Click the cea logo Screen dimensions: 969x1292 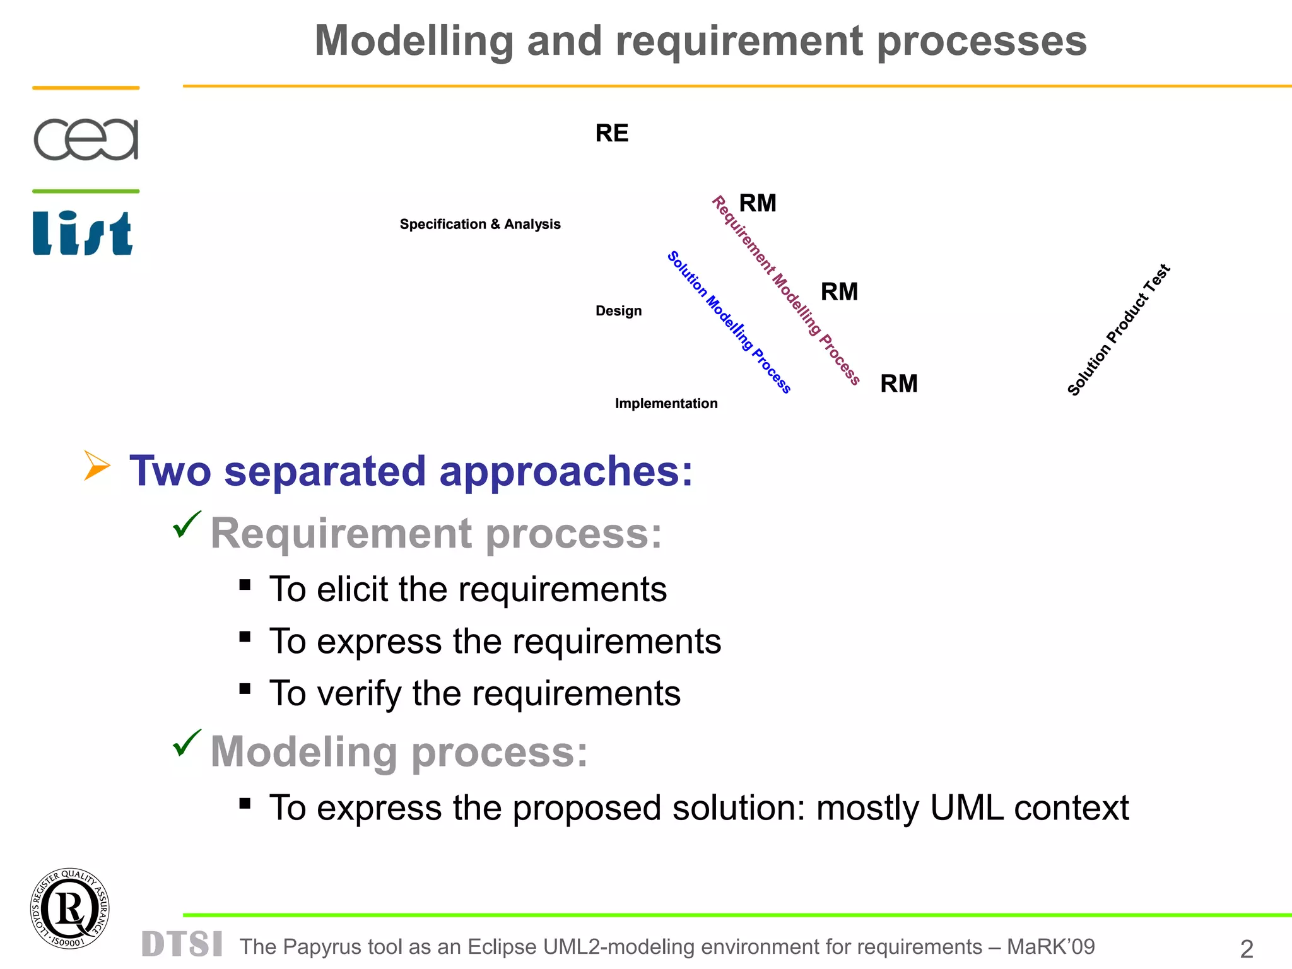pyautogui.click(x=86, y=139)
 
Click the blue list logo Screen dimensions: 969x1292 pyautogui.click(x=83, y=233)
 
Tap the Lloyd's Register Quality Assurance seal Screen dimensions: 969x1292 pyautogui.click(x=69, y=908)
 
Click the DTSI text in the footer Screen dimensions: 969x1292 pyautogui.click(x=182, y=944)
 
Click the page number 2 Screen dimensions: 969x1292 pyautogui.click(x=1247, y=949)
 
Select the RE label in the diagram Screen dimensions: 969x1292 pyautogui.click(x=612, y=133)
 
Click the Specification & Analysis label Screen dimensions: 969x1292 pyautogui.click(x=480, y=225)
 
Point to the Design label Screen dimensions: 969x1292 pyautogui.click(x=618, y=311)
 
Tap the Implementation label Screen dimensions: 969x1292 pyautogui.click(x=666, y=404)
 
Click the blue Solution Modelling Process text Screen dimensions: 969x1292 pyautogui.click(x=729, y=322)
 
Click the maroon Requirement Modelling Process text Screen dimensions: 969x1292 pyautogui.click(x=786, y=290)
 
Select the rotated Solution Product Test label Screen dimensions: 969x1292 pyautogui.click(x=1119, y=330)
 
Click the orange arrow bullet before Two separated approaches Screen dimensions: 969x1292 pyautogui.click(x=97, y=466)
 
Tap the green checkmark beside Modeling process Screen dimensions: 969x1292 pyautogui.click(x=187, y=743)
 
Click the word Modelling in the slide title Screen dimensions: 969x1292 pyautogui.click(x=414, y=41)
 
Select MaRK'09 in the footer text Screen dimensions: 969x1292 pyautogui.click(x=1050, y=947)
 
